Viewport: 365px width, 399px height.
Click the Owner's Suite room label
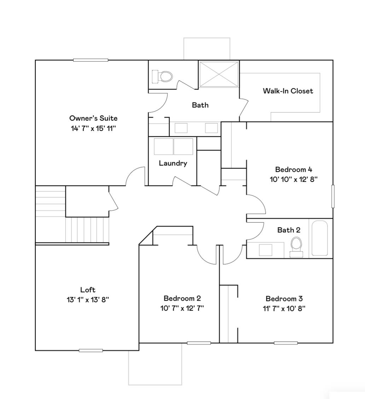93,118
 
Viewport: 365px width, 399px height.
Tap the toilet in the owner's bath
162,76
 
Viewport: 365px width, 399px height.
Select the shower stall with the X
219,74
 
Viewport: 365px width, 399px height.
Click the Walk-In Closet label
288,91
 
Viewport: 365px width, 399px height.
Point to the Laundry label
173,163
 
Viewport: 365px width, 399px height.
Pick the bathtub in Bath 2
319,238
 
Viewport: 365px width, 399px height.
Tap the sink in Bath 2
266,250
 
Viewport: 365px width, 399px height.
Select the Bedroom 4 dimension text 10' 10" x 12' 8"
294,179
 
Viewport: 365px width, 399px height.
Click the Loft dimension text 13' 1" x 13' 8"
88,300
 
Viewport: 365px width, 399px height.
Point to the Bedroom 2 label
182,298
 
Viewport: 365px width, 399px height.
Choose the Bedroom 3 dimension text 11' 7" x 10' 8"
284,308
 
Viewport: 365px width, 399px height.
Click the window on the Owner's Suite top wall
91,60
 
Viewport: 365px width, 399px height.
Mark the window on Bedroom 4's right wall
332,196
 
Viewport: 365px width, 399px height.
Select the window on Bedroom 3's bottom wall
285,343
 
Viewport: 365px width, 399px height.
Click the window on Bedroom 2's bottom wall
199,343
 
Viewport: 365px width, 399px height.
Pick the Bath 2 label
289,230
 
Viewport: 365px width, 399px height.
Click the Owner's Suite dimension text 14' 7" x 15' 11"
93,128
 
